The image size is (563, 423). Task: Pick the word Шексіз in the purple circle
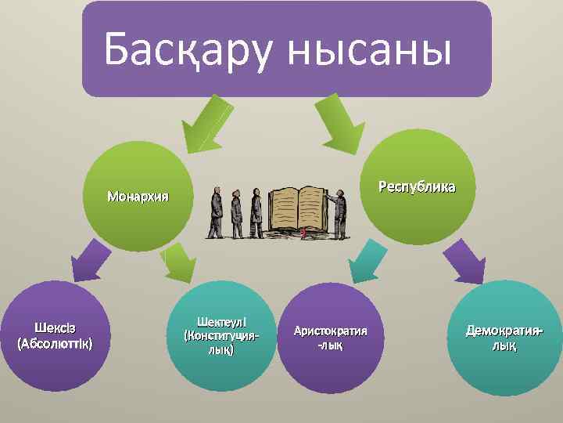pyautogui.click(x=54, y=327)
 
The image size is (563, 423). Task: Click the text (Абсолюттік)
pyautogui.click(x=54, y=343)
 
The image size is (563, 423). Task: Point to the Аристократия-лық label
pyautogui.click(x=330, y=338)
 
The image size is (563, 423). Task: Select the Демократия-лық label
pyautogui.click(x=504, y=338)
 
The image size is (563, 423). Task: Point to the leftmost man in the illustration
pyautogui.click(x=216, y=213)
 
